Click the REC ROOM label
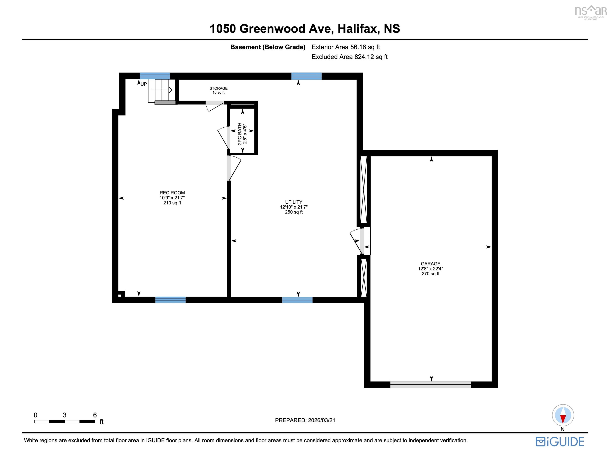(x=172, y=193)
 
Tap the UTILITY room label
(x=294, y=202)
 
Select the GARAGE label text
(x=430, y=264)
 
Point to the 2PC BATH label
(x=240, y=134)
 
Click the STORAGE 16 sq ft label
(x=218, y=90)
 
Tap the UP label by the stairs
(x=144, y=84)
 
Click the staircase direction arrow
(x=162, y=90)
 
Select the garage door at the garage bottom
(x=430, y=385)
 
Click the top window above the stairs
(x=155, y=76)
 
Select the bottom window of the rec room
(x=170, y=300)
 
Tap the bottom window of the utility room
(x=297, y=300)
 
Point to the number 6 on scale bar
(x=95, y=415)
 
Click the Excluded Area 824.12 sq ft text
(x=349, y=57)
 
